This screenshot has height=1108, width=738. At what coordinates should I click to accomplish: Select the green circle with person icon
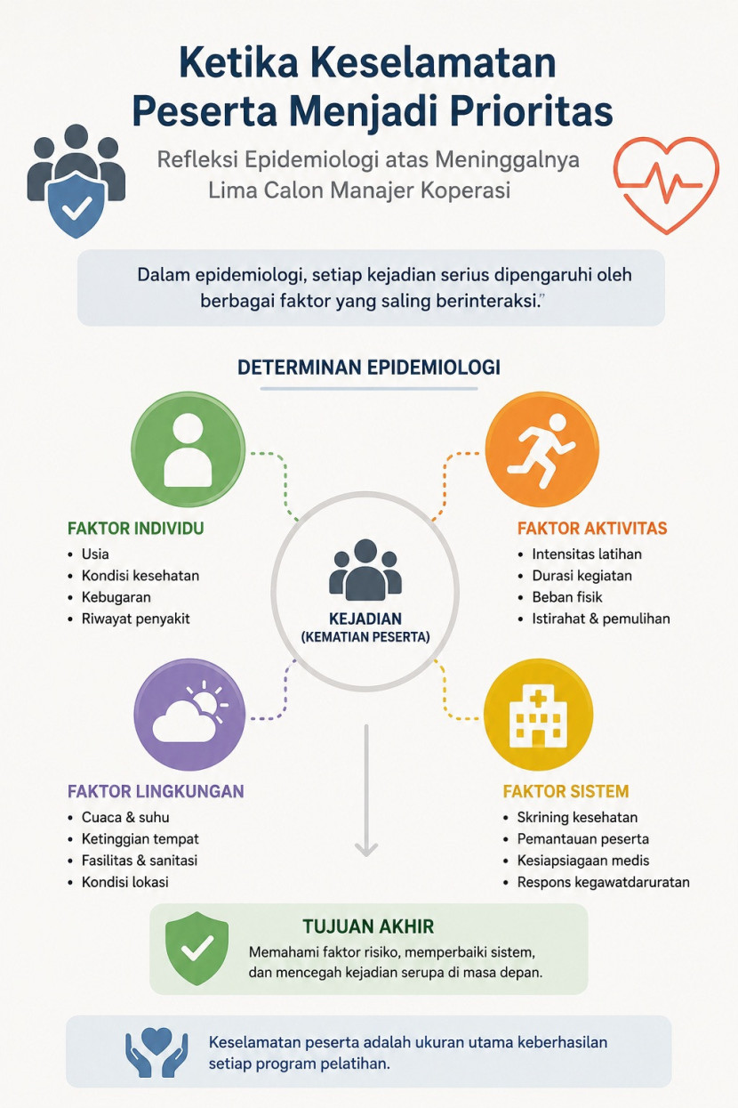pos(188,449)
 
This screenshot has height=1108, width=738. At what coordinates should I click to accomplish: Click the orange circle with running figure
pos(541,449)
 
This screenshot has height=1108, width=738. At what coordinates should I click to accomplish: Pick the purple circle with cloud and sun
pos(189,715)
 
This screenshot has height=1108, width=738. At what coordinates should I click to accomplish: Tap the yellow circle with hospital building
pos(538,715)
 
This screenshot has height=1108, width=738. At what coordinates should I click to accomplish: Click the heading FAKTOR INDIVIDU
pos(135,529)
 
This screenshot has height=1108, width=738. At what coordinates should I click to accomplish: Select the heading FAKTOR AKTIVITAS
pos(592,529)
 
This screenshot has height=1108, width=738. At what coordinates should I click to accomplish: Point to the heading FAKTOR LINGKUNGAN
pos(156,791)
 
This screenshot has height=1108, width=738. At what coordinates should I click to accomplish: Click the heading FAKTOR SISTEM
pos(566,791)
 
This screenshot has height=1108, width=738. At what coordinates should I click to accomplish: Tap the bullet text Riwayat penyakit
pos(136,619)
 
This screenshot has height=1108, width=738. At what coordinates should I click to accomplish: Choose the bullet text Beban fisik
pos(567,597)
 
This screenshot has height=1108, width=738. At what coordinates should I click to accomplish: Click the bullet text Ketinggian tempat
pos(140,839)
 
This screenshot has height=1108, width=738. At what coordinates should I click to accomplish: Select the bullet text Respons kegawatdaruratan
pos(603,883)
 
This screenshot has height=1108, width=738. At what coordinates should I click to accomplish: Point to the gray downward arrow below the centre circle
pos(366,790)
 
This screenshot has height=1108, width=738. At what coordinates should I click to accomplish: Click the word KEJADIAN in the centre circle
pos(365,619)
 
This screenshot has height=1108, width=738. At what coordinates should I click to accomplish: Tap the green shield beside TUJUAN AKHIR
pos(197,949)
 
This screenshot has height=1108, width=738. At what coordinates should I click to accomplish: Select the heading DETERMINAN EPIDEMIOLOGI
pos(369,368)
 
